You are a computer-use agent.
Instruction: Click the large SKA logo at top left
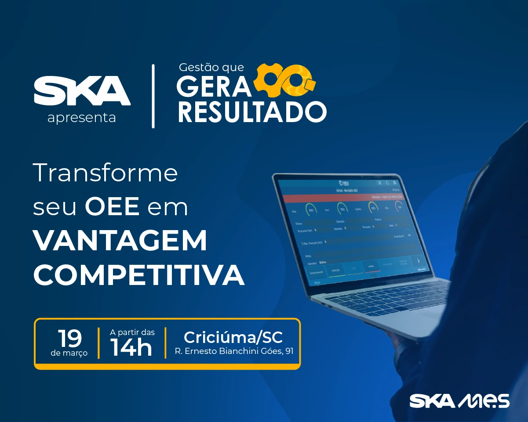pos(82,90)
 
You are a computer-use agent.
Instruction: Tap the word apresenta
pos(82,118)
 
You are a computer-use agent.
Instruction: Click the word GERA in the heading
pos(214,87)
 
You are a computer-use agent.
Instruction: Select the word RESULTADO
pos(252,112)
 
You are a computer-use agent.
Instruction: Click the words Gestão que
pos(211,68)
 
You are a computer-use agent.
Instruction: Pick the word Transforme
pos(106,173)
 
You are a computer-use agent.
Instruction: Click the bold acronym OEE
pos(112,207)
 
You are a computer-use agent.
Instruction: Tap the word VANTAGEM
pos(120,241)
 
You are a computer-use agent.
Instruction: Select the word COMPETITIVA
pos(138,275)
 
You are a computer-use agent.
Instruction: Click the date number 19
pos(70,338)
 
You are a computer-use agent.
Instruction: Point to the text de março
pos(69,353)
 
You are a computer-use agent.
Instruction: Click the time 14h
pos(131,348)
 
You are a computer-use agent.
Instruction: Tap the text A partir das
pos(132,332)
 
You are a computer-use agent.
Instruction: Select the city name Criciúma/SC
pos(233,337)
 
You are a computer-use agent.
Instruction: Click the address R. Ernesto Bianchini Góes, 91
pos(234,351)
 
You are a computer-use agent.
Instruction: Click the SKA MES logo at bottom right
pos(459,401)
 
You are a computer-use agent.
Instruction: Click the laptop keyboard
pos(387,299)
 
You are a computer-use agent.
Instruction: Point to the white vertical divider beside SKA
pos(153,96)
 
